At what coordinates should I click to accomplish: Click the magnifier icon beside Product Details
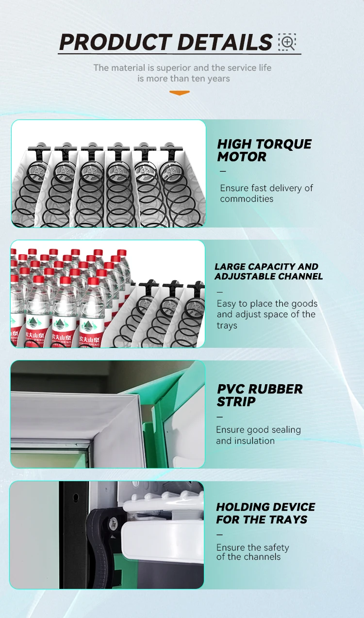tap(287, 42)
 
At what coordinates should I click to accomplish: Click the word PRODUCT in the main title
tap(116, 42)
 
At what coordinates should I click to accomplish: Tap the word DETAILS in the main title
tap(225, 42)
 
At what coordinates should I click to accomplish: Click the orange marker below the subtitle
tap(180, 93)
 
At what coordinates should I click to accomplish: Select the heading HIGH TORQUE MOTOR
tap(265, 150)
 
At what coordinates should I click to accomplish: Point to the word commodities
tap(247, 199)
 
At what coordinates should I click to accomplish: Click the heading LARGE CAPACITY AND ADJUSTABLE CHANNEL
tap(268, 272)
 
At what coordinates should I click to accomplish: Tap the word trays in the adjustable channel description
tap(227, 325)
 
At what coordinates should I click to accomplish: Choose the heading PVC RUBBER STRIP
tap(260, 395)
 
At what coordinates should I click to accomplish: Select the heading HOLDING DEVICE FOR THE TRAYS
tap(265, 513)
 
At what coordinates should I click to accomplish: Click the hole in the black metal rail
tap(76, 497)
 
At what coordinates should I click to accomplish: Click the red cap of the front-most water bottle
tap(93, 281)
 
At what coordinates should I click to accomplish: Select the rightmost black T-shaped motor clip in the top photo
tap(171, 152)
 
